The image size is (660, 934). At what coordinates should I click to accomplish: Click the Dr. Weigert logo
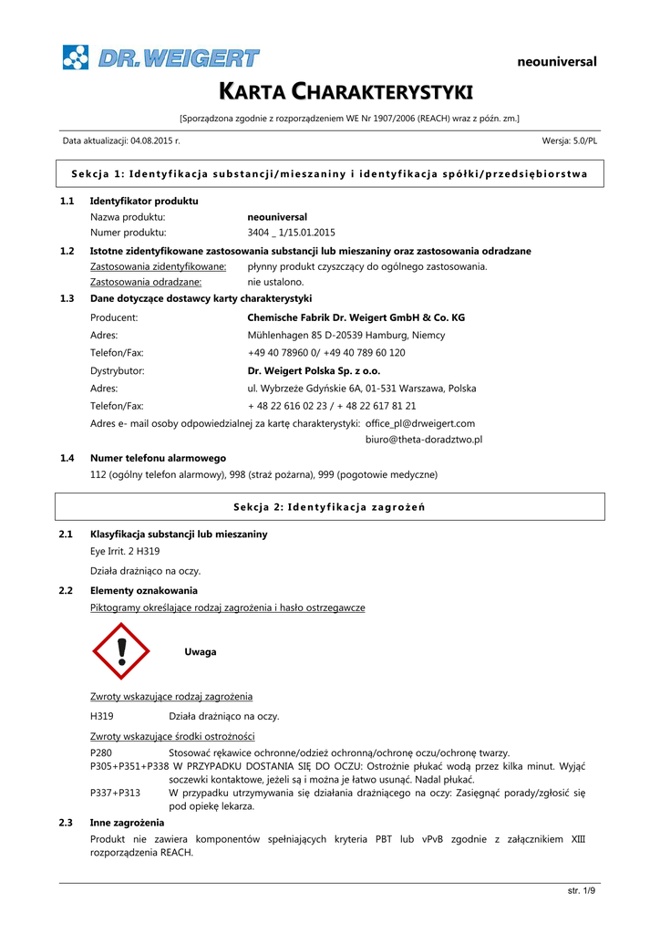160,58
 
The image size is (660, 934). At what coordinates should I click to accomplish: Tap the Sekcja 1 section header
329,173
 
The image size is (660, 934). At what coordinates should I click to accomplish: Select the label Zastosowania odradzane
146,282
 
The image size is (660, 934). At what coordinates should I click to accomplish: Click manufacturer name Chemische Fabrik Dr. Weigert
356,317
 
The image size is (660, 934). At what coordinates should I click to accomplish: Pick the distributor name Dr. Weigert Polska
314,371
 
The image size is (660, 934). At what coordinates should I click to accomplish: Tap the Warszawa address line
362,389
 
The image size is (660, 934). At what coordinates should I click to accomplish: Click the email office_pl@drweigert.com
420,423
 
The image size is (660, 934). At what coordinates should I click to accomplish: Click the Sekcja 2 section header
329,506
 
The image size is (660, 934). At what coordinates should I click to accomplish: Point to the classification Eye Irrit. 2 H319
125,552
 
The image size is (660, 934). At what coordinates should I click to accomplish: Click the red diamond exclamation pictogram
121,652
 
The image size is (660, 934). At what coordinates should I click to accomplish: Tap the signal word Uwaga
201,652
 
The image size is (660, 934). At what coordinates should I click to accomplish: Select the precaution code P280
102,752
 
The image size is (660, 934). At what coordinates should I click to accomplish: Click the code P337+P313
116,793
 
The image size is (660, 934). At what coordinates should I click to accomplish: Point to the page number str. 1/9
581,891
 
